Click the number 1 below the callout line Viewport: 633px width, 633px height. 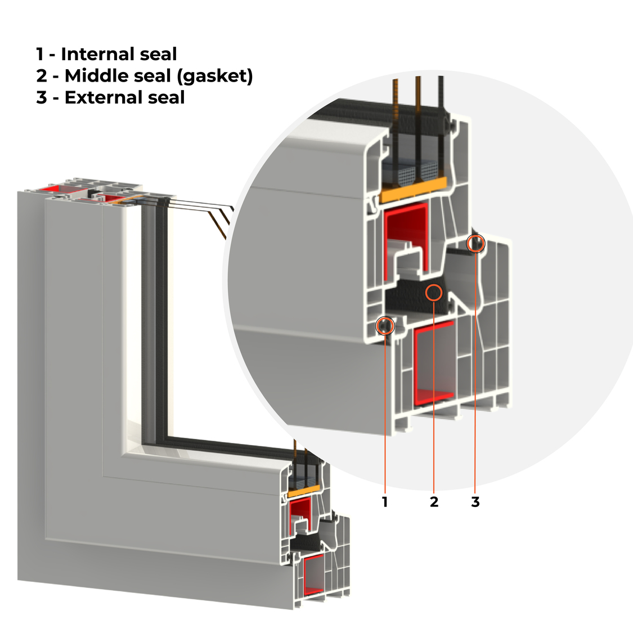(385, 502)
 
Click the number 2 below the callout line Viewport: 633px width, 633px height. (434, 502)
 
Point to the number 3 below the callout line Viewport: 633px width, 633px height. (475, 502)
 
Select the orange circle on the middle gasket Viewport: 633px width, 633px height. (434, 292)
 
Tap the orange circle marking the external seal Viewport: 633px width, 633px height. (476, 244)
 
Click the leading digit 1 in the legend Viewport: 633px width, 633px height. (40, 54)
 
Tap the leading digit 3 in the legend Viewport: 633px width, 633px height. (42, 97)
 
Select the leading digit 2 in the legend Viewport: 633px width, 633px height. (42, 75)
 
